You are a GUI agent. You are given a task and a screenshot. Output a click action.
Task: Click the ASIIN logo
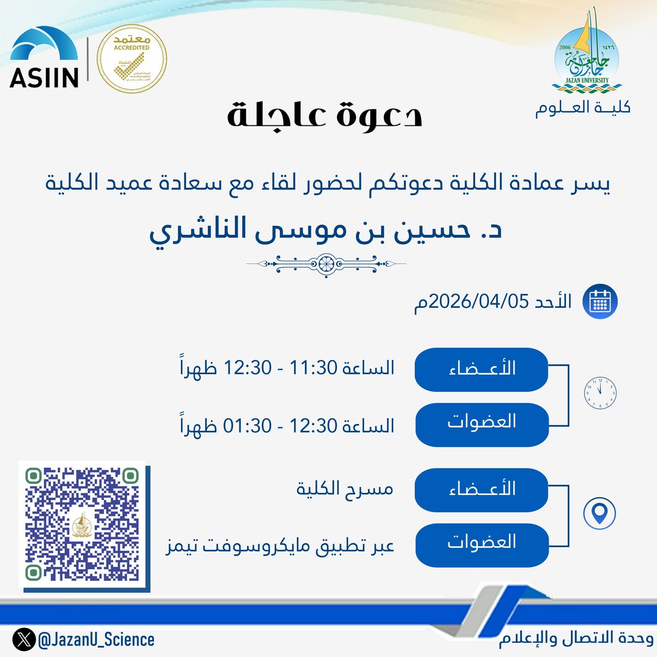click(44, 59)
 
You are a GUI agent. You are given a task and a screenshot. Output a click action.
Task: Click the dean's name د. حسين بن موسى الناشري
click(326, 230)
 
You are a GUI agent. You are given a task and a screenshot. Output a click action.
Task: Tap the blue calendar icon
click(600, 302)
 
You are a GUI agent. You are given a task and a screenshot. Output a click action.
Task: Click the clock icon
click(601, 393)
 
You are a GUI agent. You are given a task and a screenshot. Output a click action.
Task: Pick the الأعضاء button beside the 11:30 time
click(481, 369)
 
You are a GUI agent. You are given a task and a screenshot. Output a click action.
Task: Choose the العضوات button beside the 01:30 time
click(481, 423)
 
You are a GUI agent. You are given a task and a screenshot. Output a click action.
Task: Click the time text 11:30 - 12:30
click(287, 368)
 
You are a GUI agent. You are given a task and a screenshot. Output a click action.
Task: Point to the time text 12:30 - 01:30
click(287, 425)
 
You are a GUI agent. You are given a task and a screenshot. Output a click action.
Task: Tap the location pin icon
click(600, 513)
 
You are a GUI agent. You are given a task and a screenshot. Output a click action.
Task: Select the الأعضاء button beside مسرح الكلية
click(481, 489)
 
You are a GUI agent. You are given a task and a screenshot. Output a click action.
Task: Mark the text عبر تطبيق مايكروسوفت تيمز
click(280, 546)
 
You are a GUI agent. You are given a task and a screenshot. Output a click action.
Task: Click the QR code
click(84, 526)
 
